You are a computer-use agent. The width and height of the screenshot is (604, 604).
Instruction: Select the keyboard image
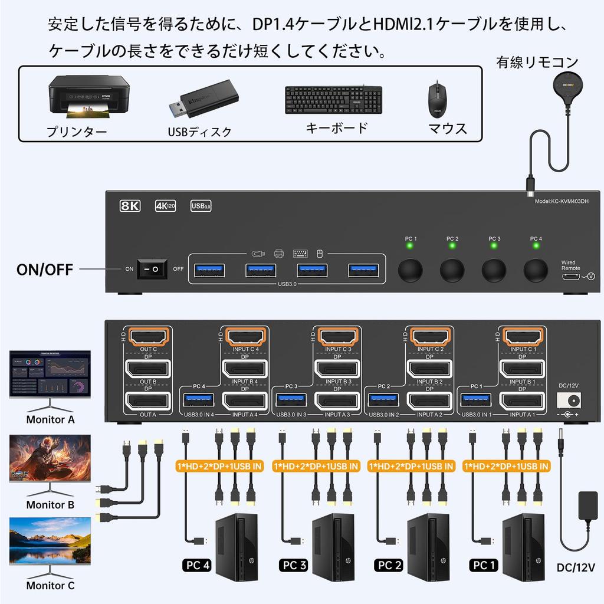[333, 101]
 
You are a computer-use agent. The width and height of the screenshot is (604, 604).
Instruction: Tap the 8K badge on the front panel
[130, 206]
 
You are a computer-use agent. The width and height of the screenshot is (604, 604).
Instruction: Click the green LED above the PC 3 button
[494, 246]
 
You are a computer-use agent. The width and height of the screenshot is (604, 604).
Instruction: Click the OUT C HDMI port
[149, 337]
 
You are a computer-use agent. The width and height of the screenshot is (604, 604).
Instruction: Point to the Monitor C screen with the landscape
[50, 541]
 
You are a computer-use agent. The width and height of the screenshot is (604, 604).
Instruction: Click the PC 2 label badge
[388, 566]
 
